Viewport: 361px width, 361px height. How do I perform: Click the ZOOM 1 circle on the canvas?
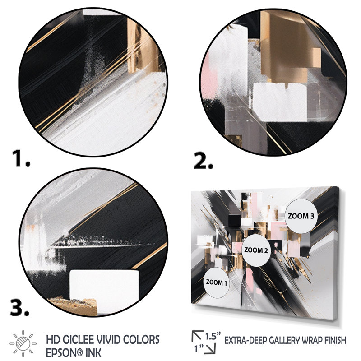point(216,283)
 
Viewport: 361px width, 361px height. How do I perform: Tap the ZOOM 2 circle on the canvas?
point(256,250)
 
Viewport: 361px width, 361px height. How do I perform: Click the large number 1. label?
point(21,158)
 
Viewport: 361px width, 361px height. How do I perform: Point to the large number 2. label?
point(204,160)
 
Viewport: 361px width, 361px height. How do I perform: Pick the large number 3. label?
point(20,307)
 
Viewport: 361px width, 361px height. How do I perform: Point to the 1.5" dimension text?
point(213,336)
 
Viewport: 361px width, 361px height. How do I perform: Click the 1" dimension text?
point(199,348)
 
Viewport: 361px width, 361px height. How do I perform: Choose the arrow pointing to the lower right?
point(210,348)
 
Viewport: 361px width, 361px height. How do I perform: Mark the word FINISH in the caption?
point(335,340)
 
